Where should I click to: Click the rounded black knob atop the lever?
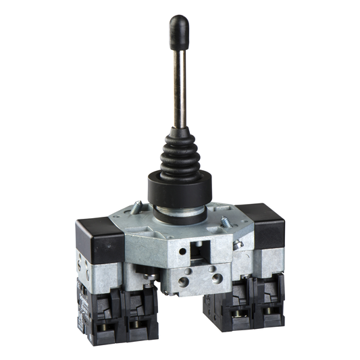pyautogui.click(x=179, y=31)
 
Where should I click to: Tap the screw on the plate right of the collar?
pyautogui.click(x=225, y=221)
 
